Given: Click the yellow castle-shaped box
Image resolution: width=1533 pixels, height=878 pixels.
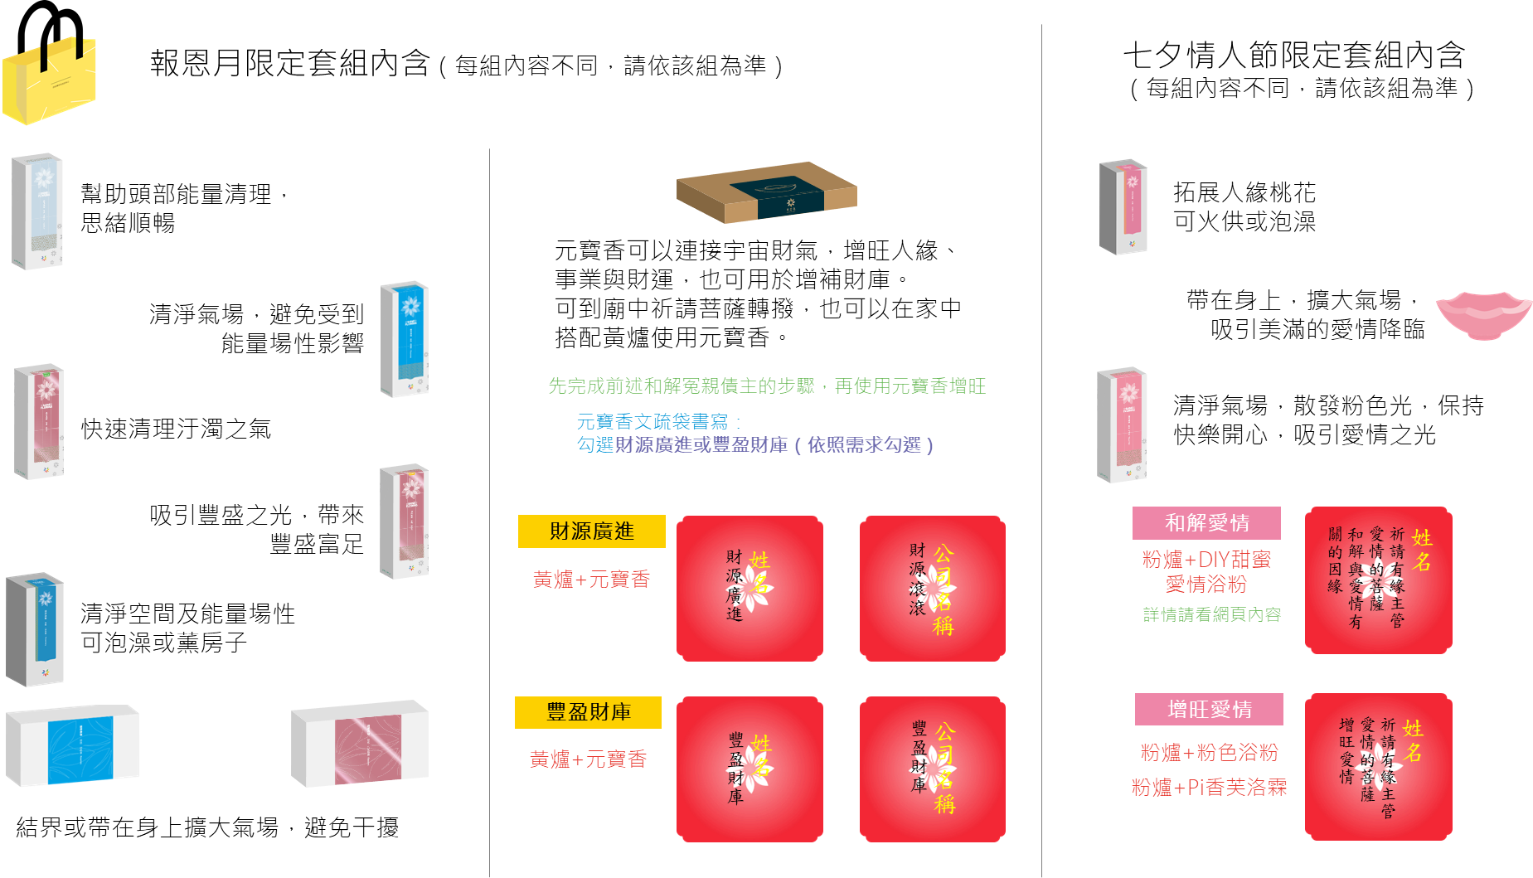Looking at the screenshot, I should [x=50, y=81].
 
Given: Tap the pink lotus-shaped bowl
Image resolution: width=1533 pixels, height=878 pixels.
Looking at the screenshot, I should [x=1483, y=315].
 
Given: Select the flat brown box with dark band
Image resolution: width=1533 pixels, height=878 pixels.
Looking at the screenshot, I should [x=767, y=192].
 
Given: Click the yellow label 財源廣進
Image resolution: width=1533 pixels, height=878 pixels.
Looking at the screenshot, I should [x=591, y=531].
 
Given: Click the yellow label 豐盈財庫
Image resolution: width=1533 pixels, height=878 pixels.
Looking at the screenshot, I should [x=588, y=712].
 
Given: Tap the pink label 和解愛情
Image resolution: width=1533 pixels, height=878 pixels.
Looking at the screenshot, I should [x=1206, y=523].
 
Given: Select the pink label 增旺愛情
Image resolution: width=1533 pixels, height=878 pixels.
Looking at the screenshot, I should [x=1209, y=710].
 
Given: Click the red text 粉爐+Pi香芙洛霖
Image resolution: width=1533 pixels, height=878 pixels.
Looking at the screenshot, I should [x=1209, y=788].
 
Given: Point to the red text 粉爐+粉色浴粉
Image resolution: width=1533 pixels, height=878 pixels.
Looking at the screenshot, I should [x=1209, y=753].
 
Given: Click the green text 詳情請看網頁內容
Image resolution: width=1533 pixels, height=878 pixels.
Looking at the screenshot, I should [x=1211, y=614].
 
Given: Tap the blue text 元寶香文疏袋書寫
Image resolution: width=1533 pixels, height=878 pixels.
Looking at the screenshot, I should [x=652, y=422].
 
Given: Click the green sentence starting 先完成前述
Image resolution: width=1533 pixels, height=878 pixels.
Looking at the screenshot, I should [x=766, y=386].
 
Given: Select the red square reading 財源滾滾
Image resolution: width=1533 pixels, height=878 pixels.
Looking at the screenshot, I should [x=932, y=588].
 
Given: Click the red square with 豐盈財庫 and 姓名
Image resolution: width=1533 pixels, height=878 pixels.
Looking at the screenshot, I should [x=750, y=769].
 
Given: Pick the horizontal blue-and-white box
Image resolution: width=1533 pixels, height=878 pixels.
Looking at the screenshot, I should [x=73, y=745].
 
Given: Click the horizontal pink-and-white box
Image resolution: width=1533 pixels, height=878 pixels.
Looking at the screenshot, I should [x=360, y=745].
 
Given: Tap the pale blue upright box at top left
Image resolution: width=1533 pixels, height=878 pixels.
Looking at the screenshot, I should [x=37, y=211].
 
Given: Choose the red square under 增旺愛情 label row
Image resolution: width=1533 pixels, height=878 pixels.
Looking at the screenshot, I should [x=1378, y=767].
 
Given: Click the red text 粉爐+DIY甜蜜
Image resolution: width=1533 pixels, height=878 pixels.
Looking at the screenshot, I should [x=1206, y=560].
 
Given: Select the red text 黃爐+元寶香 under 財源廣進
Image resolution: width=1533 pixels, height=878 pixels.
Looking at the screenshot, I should [x=591, y=580].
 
